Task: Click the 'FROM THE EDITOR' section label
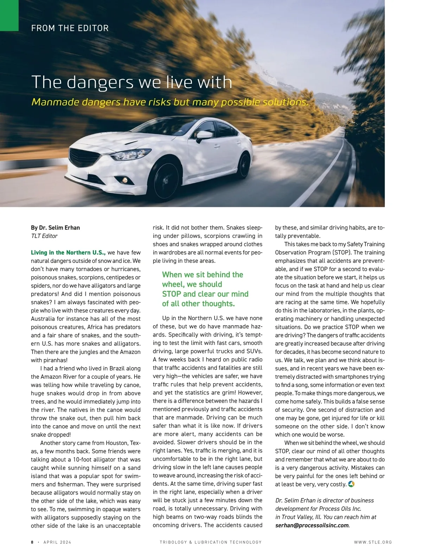click(x=70, y=28)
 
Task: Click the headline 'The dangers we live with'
click(x=132, y=82)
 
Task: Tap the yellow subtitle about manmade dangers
click(x=170, y=102)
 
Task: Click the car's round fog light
click(x=124, y=180)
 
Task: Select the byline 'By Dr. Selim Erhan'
click(x=56, y=227)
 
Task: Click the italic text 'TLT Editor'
click(x=44, y=236)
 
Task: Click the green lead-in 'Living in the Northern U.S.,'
click(x=68, y=252)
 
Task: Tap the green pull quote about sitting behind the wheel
click(x=205, y=289)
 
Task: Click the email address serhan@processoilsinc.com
click(x=312, y=525)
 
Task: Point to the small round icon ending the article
click(x=351, y=484)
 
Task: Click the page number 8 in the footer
click(x=32, y=542)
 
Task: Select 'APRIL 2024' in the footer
click(x=57, y=542)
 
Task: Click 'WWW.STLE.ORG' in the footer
click(x=373, y=542)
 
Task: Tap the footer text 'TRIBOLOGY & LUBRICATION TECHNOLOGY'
click(x=211, y=542)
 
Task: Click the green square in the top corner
click(x=9, y=15)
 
